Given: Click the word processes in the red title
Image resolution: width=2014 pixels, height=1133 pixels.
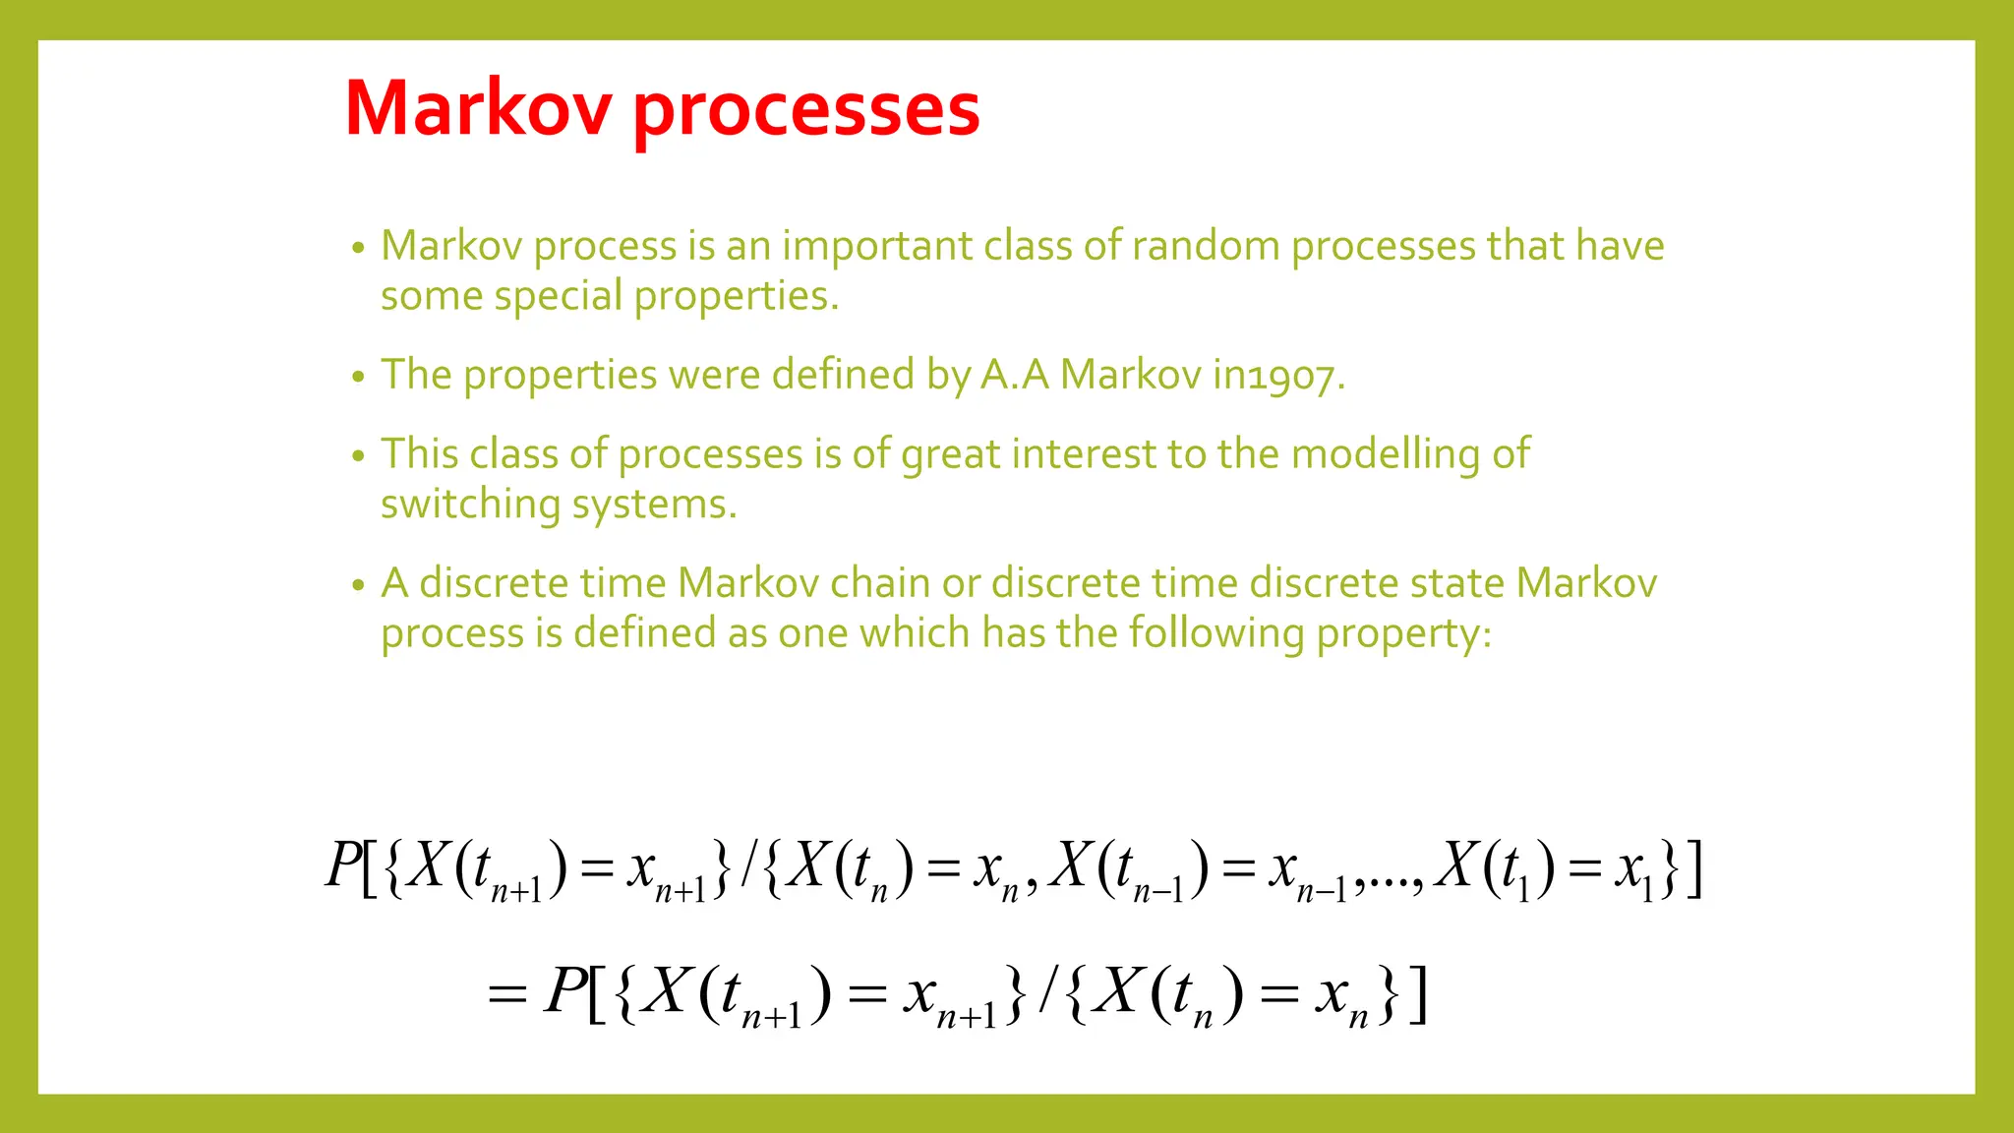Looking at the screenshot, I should (x=805, y=110).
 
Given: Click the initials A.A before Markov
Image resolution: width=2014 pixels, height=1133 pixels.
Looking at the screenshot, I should (x=1014, y=375).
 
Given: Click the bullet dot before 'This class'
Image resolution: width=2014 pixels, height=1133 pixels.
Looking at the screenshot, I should (x=358, y=456).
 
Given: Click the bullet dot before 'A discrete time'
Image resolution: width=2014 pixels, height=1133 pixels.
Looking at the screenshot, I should (x=358, y=585).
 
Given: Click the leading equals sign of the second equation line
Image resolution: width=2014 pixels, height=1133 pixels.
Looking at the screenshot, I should (x=507, y=994).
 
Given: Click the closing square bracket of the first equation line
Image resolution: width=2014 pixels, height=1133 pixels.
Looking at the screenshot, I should (x=1693, y=868).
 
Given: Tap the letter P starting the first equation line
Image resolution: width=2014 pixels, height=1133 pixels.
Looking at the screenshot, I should (x=343, y=865).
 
